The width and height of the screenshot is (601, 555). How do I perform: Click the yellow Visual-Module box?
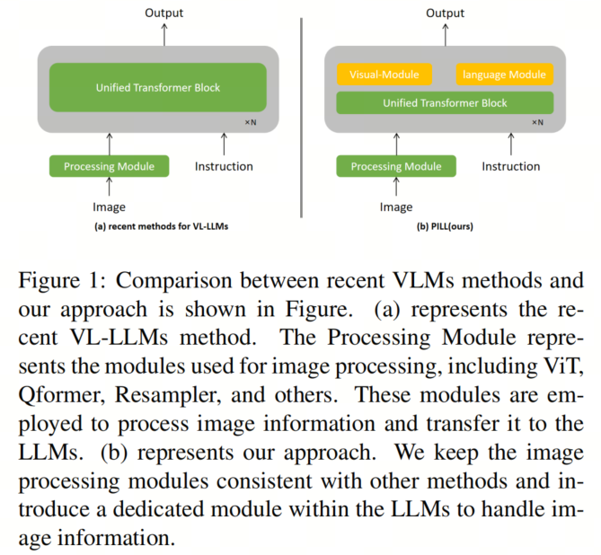pos(384,75)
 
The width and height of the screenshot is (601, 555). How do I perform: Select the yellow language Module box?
pos(505,75)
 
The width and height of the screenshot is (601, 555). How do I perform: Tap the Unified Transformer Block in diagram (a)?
pos(158,87)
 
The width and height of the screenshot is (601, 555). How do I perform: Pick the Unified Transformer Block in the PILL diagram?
pos(445,102)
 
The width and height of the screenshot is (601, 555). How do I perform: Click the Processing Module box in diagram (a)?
pos(109,166)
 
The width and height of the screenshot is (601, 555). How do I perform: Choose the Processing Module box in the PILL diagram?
pos(396,166)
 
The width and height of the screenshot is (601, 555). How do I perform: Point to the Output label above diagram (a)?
pos(164,13)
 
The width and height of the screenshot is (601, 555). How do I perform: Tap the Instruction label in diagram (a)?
pos(224,166)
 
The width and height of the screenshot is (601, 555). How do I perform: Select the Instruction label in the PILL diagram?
pos(511,166)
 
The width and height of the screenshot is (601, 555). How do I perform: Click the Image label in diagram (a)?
pos(109,207)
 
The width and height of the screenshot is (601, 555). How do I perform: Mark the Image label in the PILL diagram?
pos(396,207)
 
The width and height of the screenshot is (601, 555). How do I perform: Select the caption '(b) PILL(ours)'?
pos(444,227)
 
